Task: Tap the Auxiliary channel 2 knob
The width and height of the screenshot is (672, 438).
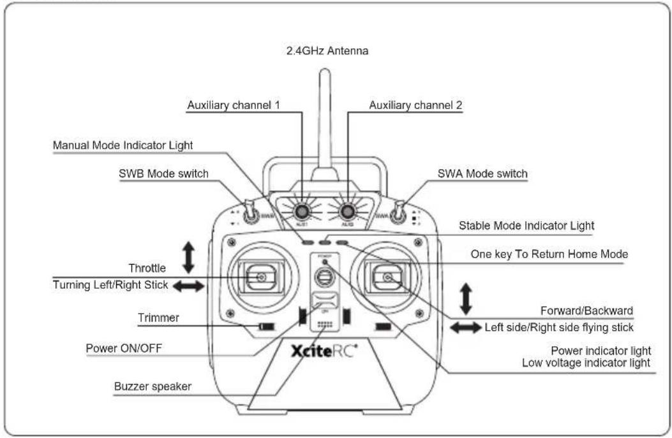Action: [347, 211]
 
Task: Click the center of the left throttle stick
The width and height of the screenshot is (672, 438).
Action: [261, 277]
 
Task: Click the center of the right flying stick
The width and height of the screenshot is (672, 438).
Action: [387, 277]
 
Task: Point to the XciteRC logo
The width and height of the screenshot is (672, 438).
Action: [324, 351]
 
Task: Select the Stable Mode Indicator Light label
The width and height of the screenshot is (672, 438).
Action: [526, 226]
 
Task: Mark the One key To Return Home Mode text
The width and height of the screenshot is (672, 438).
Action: [549, 254]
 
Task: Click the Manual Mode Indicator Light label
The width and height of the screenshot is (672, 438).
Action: [123, 145]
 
